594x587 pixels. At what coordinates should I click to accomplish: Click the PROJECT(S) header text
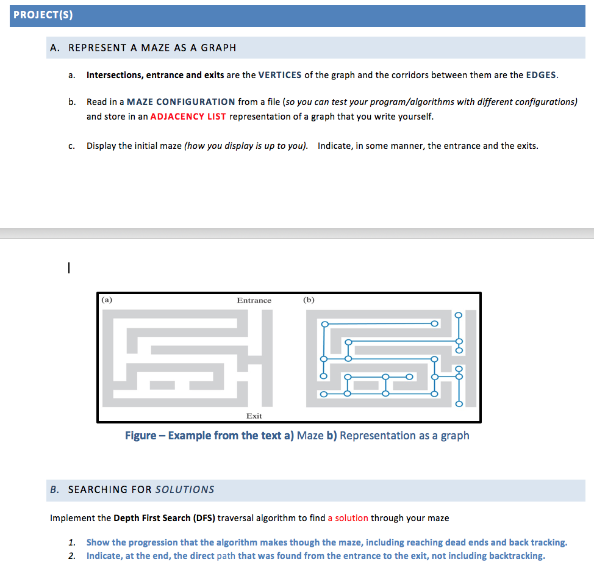[43, 16]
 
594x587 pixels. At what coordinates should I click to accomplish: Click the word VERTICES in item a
[280, 75]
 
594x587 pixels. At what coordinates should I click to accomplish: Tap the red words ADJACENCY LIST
[188, 116]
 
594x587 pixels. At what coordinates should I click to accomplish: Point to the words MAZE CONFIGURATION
[181, 102]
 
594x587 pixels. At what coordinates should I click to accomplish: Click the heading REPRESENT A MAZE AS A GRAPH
[152, 48]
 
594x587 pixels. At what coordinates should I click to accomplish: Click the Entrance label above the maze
[254, 300]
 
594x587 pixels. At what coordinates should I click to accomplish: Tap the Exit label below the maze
[254, 416]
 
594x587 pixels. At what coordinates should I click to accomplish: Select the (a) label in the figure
[107, 300]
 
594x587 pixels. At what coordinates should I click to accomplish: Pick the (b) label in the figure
[309, 300]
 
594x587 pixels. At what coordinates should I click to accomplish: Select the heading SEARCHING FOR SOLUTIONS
[141, 489]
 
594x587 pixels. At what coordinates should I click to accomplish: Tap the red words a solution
[348, 518]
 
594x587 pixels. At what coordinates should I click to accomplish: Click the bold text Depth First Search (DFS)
[164, 518]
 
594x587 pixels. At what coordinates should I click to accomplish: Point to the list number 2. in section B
[72, 556]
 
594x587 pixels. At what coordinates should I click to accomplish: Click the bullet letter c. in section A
[72, 146]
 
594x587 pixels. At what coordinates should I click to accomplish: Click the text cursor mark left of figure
[70, 267]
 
